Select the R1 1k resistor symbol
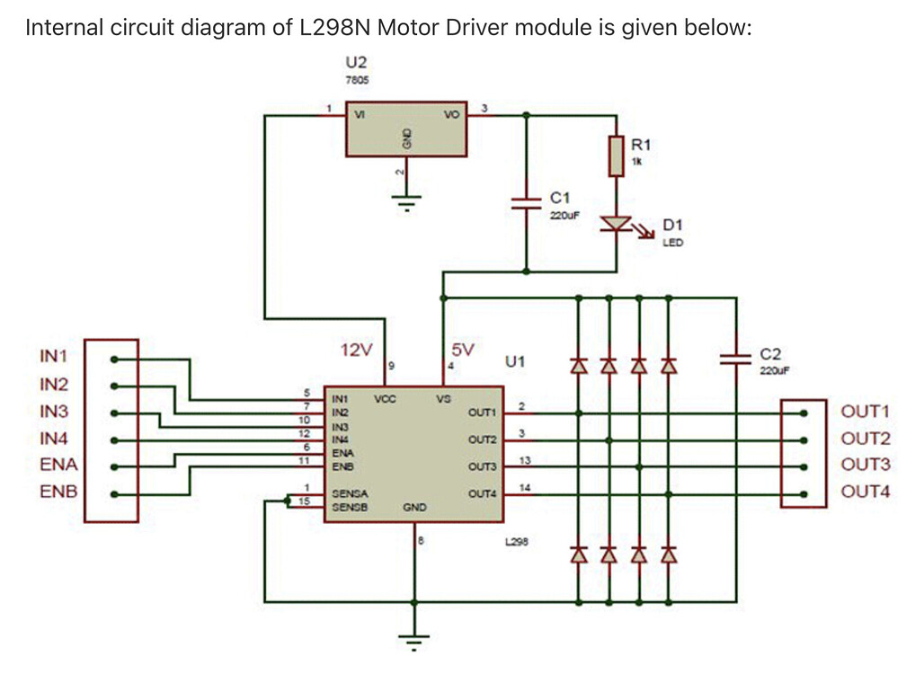[616, 155]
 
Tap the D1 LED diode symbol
[616, 222]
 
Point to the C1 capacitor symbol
[526, 202]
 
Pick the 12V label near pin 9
[357, 350]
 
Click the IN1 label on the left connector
[54, 357]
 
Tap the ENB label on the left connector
[58, 492]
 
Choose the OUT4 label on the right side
[866, 492]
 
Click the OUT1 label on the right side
[866, 412]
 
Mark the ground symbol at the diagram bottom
[414, 641]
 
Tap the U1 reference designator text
[515, 362]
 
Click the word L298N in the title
[333, 27]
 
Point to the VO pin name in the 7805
[451, 115]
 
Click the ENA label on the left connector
[58, 466]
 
